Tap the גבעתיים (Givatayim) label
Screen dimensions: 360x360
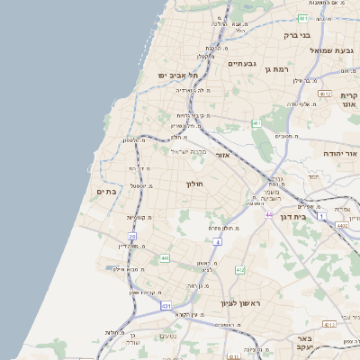pyautogui.click(x=242, y=64)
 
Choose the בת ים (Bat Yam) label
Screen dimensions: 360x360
pyautogui.click(x=108, y=192)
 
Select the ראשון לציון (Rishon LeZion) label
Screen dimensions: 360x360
pyautogui.click(x=238, y=303)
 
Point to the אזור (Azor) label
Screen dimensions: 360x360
pyautogui.click(x=224, y=156)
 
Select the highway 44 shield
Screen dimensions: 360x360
pyautogui.click(x=269, y=214)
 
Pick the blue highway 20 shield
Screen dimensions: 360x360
pyautogui.click(x=131, y=237)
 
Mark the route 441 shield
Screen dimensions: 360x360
pyautogui.click(x=165, y=258)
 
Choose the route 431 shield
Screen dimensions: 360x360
pyautogui.click(x=166, y=306)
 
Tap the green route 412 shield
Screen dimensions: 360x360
pyautogui.click(x=240, y=270)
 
